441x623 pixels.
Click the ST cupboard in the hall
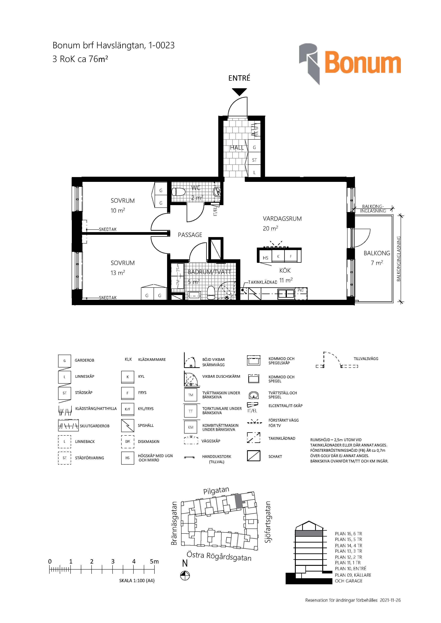(x=254, y=160)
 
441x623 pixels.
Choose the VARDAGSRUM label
(x=282, y=219)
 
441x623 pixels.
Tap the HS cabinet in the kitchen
(x=265, y=258)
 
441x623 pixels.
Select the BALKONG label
(x=377, y=253)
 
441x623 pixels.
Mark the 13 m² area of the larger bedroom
(x=117, y=273)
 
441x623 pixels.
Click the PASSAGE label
(x=190, y=235)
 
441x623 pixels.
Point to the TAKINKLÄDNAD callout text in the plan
(x=263, y=282)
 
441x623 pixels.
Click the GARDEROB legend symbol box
(x=65, y=361)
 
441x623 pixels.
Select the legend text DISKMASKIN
(x=149, y=441)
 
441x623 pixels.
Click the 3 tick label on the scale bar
(x=113, y=561)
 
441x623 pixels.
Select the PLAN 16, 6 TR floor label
(x=348, y=534)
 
